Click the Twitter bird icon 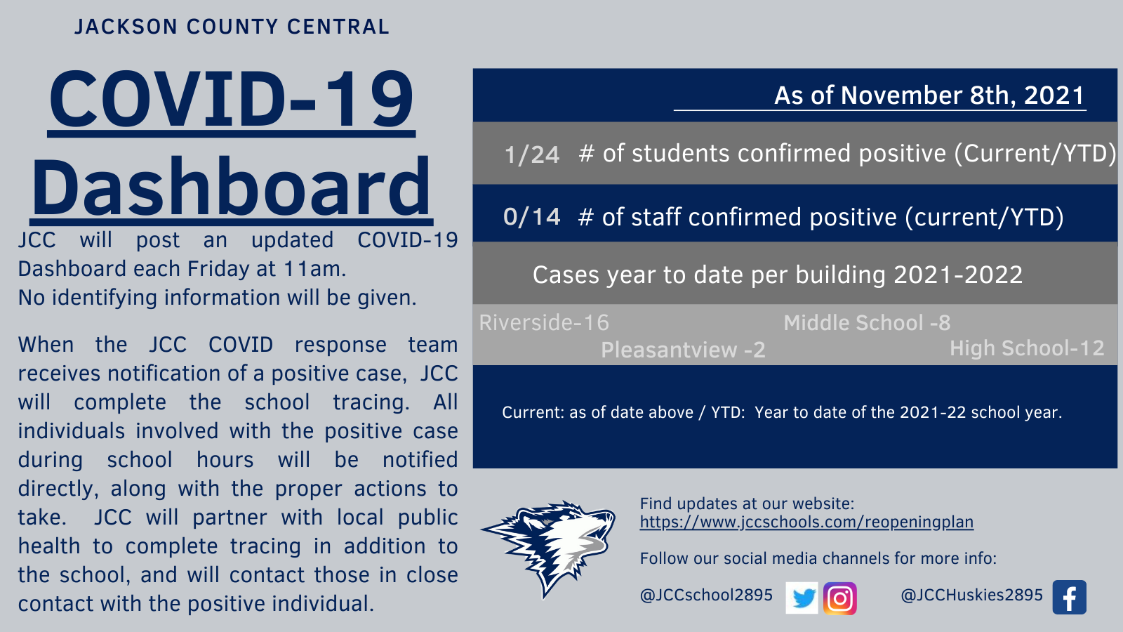pyautogui.click(x=802, y=598)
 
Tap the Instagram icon pyautogui.click(x=839, y=598)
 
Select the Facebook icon pyautogui.click(x=1070, y=598)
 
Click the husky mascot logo pyautogui.click(x=548, y=548)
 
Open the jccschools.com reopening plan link pyautogui.click(x=806, y=522)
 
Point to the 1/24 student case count pyautogui.click(x=531, y=154)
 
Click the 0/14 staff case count pyautogui.click(x=531, y=217)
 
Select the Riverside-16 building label pyautogui.click(x=544, y=322)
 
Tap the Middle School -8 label pyautogui.click(x=867, y=323)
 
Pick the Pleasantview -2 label pyautogui.click(x=683, y=350)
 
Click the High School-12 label pyautogui.click(x=1027, y=348)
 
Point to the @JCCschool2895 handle pyautogui.click(x=706, y=595)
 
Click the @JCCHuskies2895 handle pyautogui.click(x=971, y=595)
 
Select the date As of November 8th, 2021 pyautogui.click(x=929, y=96)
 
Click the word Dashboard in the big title pyautogui.click(x=231, y=187)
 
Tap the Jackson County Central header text pyautogui.click(x=232, y=27)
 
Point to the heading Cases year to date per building pyautogui.click(x=777, y=275)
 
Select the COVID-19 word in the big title pyautogui.click(x=231, y=99)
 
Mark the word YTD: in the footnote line pyautogui.click(x=728, y=412)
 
